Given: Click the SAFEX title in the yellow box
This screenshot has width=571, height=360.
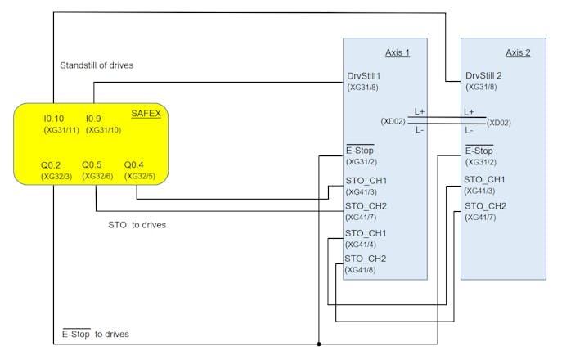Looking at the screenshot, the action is (146, 114).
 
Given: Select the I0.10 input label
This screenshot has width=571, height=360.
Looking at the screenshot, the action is (53, 119).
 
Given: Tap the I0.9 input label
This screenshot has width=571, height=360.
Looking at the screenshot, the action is (93, 119).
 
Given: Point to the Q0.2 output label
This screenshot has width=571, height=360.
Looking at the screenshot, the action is (51, 165).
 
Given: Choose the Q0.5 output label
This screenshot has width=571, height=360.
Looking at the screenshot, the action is (92, 164).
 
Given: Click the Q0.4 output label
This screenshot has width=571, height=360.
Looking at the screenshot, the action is (133, 164).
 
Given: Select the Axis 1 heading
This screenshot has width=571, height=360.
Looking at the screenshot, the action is (398, 53).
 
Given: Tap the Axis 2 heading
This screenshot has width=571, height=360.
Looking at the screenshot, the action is (518, 53).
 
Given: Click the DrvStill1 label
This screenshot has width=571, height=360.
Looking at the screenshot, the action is (363, 76).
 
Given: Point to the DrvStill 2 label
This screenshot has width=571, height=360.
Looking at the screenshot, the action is (483, 76).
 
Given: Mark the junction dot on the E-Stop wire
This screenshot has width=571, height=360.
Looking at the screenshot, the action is (319, 344).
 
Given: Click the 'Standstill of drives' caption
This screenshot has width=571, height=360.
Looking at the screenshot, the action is (97, 65).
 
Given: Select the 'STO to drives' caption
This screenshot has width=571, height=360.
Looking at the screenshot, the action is (137, 225).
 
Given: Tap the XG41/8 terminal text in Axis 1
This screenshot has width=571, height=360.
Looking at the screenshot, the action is (360, 270).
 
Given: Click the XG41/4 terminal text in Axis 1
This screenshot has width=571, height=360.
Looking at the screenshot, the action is (361, 245).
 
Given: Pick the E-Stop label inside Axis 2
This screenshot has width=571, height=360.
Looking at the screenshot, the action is (479, 150).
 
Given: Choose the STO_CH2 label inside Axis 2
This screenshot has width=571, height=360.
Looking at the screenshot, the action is (485, 206).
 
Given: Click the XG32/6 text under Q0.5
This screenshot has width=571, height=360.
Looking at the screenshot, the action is (97, 177).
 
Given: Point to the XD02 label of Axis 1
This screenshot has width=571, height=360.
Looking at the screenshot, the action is (393, 121).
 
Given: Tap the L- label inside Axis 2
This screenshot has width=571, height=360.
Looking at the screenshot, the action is (469, 130).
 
